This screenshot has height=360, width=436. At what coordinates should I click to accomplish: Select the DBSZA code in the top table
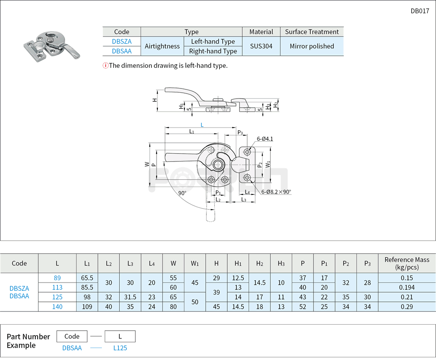coord(122,41)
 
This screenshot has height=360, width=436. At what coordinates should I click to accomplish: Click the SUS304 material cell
coord(261,46)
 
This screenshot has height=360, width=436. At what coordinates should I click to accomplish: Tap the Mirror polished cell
coord(312,46)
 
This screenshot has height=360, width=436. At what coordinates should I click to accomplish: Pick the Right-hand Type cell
coord(213,51)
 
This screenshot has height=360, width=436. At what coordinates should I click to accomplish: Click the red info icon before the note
coord(106,66)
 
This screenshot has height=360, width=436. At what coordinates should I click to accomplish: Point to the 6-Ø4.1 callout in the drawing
coord(265,138)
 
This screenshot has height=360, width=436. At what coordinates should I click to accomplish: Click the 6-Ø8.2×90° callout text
coord(276,192)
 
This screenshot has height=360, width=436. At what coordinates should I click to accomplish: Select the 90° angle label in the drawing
coord(182,193)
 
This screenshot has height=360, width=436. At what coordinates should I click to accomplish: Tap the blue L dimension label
coord(202,125)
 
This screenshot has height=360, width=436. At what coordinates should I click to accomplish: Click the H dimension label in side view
coord(155,100)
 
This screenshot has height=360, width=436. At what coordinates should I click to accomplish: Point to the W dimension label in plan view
coord(147,164)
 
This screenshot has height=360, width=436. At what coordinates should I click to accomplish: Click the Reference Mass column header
coord(407,263)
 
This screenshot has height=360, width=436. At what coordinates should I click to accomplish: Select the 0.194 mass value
coord(407,288)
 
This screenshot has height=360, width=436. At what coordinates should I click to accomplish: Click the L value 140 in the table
coord(57,307)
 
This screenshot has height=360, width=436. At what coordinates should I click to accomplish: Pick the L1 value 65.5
coord(87,278)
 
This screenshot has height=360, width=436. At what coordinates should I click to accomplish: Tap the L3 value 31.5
coord(130,297)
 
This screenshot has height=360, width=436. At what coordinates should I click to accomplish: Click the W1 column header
coord(195,263)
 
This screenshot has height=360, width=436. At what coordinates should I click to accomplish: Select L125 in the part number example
coord(120,348)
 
